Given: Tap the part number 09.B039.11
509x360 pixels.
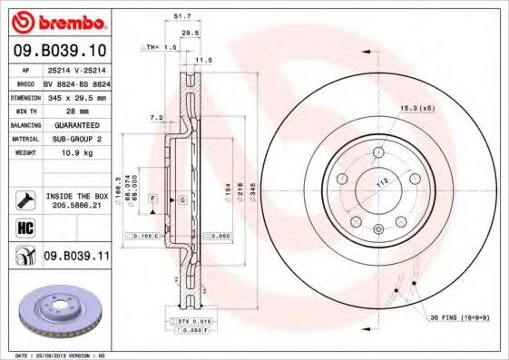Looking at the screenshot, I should pos(75,257).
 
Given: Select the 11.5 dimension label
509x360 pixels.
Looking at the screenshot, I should pos(203,59).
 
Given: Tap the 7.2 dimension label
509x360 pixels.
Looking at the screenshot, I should pos(156,117).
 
